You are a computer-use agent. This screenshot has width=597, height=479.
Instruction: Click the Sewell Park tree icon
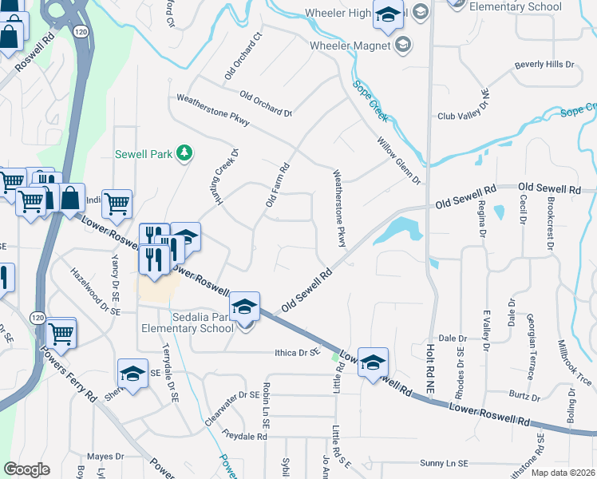point(184,152)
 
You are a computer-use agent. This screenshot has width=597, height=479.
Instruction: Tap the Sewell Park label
point(144,152)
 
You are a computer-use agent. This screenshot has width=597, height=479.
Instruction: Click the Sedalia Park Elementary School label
point(188,322)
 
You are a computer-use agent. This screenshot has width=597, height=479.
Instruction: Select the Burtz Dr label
point(526,394)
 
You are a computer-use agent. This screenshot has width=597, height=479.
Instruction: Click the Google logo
point(26,469)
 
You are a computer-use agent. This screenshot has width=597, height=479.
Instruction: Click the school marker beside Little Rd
point(372,363)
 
